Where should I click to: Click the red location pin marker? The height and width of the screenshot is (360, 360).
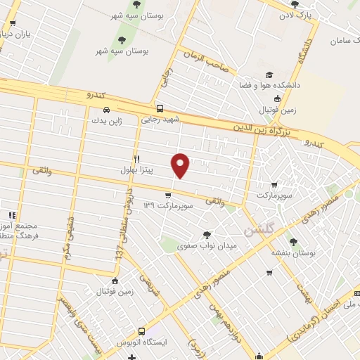(181, 166)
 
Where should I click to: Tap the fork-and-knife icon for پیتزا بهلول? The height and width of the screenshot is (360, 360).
(137, 159)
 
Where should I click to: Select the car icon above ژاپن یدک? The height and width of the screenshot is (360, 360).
(105, 110)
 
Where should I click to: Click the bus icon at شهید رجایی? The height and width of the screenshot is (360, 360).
(160, 109)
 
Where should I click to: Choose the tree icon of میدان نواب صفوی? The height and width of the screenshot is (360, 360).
(206, 235)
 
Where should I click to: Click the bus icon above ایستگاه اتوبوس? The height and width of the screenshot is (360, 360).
(141, 330)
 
